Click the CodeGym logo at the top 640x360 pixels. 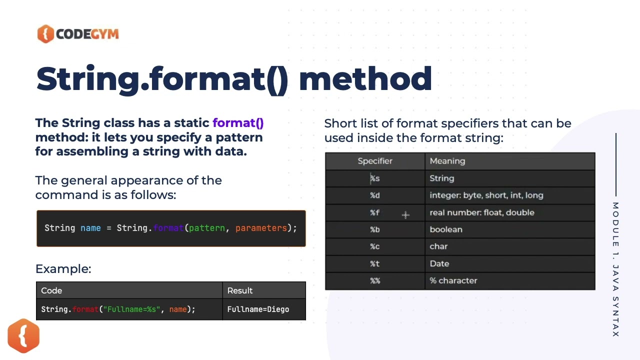click(78, 34)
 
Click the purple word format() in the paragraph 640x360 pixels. click(238, 123)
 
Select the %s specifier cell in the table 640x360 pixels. click(375, 178)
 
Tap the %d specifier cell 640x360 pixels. click(375, 195)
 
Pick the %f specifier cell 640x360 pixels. click(375, 212)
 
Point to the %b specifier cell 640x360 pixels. click(375, 229)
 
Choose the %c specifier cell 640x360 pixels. click(375, 246)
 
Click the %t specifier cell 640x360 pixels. click(375, 263)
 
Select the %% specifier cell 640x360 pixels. click(375, 280)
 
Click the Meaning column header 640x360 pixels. click(447, 161)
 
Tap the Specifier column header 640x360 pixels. click(375, 161)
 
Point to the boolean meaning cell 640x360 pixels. click(446, 229)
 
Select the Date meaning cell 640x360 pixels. click(439, 263)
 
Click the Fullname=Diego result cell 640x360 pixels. click(258, 309)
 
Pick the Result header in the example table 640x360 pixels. click(240, 290)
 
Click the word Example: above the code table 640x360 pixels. click(63, 269)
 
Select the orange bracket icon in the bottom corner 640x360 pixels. click(23, 335)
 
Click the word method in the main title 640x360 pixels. click(365, 79)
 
